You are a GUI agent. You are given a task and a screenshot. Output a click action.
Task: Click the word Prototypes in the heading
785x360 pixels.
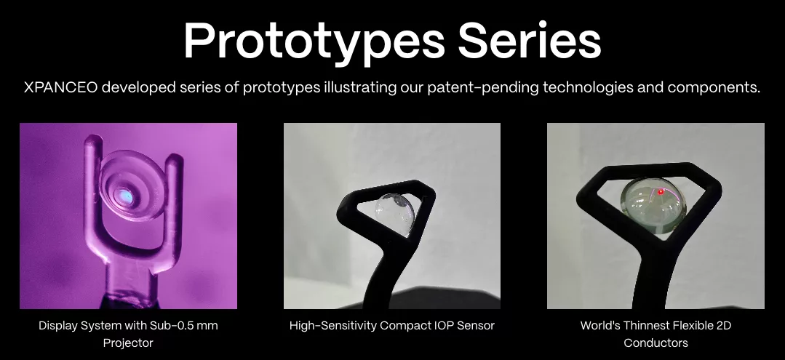click(x=314, y=41)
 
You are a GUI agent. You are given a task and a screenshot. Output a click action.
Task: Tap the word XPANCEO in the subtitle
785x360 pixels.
click(x=60, y=87)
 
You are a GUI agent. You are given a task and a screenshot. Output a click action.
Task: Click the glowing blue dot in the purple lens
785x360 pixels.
click(x=125, y=197)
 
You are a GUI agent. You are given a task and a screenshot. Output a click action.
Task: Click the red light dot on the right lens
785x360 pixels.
click(x=661, y=192)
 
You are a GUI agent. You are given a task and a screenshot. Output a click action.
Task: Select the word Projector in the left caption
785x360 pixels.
click(x=128, y=343)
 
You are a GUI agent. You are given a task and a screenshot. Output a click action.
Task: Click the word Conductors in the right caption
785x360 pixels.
click(x=656, y=343)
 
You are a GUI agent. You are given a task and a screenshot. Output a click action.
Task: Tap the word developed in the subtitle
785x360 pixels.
click(x=138, y=88)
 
